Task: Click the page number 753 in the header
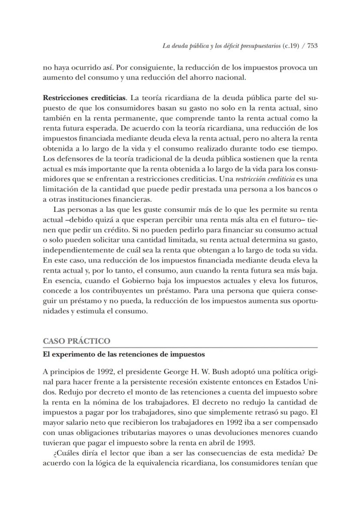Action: [312, 46]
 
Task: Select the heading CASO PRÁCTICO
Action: [76, 341]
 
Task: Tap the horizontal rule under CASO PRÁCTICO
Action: [180, 348]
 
